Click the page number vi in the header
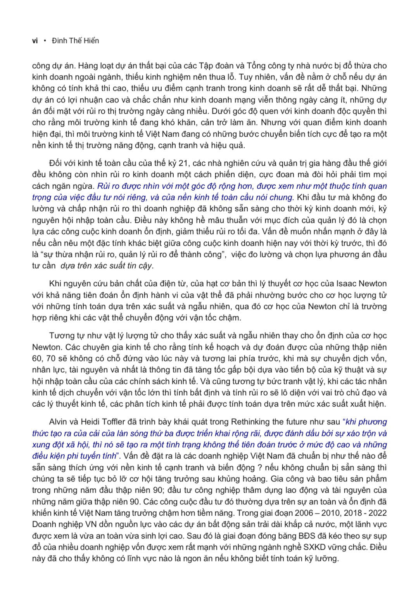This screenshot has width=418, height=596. tap(35, 41)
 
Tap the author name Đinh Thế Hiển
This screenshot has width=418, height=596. tap(75, 41)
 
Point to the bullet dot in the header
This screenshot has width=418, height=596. tap(46, 40)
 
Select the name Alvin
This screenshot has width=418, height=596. tap(59, 422)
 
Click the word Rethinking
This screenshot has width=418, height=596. tap(250, 422)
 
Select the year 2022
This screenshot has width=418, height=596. tap(378, 513)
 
